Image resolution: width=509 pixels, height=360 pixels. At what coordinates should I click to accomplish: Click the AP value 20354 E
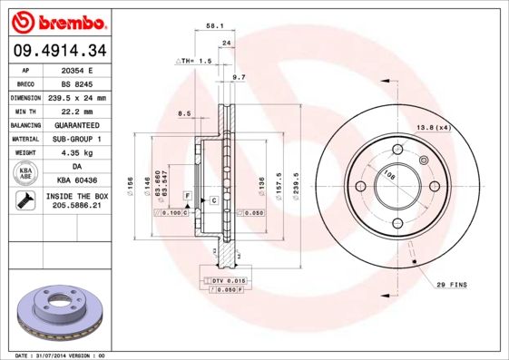pos(77,69)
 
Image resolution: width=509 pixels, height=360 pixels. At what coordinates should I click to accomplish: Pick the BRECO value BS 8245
pos(77,83)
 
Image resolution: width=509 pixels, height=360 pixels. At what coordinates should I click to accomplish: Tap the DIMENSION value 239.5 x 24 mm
pos(77,97)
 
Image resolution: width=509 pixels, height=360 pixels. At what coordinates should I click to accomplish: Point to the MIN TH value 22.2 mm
pos(77,111)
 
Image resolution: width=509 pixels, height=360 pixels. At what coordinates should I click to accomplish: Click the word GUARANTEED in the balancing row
pos(77,124)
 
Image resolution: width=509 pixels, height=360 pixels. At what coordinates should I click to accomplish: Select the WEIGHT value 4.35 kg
pos(77,152)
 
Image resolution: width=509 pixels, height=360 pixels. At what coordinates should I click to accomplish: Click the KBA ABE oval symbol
pos(26,172)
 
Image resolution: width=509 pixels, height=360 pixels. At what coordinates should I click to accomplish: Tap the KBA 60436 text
pos(77,180)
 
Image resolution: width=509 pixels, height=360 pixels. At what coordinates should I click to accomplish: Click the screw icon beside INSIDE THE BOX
pos(26,200)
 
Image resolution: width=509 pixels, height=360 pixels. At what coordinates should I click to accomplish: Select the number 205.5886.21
pos(77,207)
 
